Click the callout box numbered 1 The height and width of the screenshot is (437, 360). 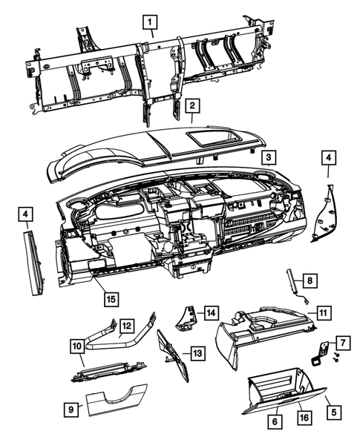click(151, 22)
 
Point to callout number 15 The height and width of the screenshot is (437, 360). click(110, 299)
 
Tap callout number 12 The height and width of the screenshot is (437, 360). click(127, 324)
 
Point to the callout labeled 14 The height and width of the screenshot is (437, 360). click(211, 312)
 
